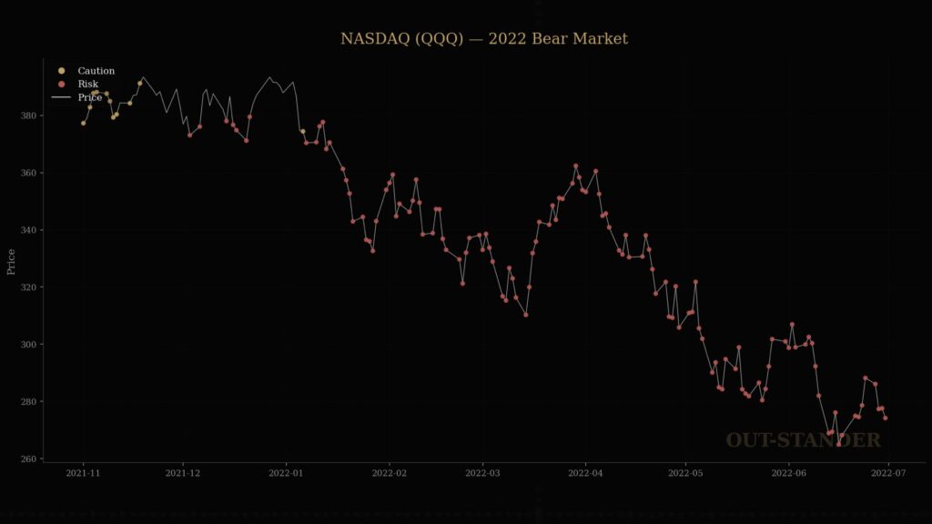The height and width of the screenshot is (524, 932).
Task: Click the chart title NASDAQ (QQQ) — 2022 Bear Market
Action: click(x=484, y=39)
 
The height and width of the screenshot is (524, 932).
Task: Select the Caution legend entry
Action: click(x=96, y=71)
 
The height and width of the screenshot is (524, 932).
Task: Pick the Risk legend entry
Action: click(x=87, y=84)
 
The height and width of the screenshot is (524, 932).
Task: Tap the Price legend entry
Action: click(x=89, y=97)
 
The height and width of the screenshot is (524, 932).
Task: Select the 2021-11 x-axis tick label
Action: click(x=83, y=474)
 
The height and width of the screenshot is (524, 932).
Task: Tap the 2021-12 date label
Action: click(x=183, y=474)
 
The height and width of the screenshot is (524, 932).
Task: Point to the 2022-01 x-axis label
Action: click(x=286, y=474)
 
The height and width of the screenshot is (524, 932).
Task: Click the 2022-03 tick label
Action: click(x=482, y=474)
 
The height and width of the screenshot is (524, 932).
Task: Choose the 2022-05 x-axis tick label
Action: click(x=685, y=474)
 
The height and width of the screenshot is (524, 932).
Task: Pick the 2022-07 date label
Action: click(x=888, y=474)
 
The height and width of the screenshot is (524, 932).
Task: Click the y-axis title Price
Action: click(x=12, y=262)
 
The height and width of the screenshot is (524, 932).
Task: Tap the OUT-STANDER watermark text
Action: click(x=803, y=441)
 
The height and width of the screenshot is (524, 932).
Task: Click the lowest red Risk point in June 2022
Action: click(x=839, y=444)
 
